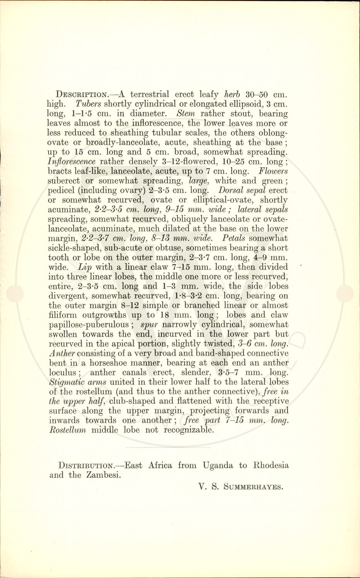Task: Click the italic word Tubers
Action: tap(88, 104)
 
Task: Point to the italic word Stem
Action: tap(185, 114)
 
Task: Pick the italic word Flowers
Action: tap(273, 171)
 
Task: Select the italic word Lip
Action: tap(85, 267)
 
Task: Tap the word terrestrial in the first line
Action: tap(150, 94)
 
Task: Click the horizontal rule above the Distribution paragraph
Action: tap(168, 447)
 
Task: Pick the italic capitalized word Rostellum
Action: tap(67, 430)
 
